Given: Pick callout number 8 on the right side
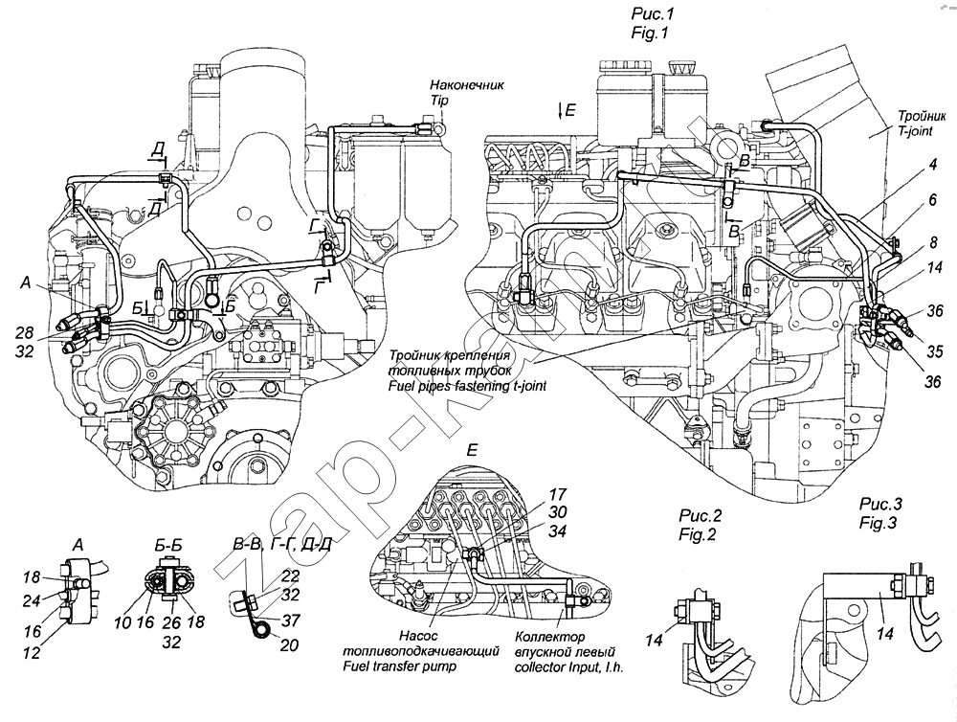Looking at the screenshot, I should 905,242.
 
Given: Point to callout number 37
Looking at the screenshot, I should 290,620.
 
